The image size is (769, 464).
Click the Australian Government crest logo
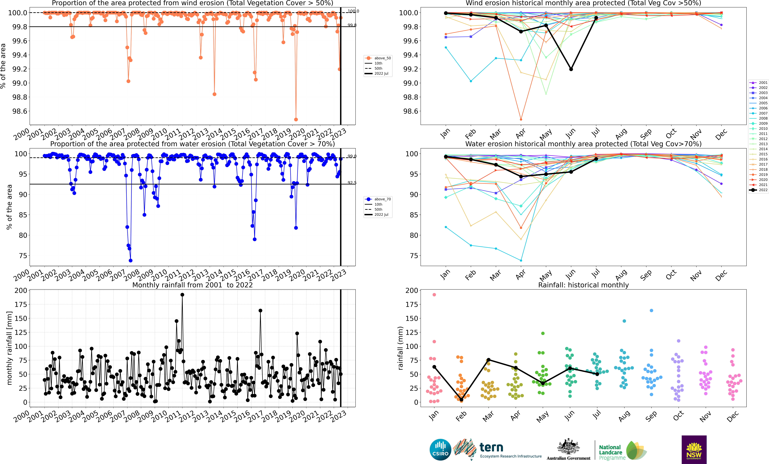(568, 447)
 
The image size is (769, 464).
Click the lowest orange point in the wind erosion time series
(296, 119)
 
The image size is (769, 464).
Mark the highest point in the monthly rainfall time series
(182, 295)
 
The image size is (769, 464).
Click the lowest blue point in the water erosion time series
(130, 261)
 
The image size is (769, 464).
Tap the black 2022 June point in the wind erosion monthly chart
(571, 69)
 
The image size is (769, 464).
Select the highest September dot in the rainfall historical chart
(651, 310)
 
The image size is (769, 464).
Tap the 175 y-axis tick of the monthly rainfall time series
(21, 304)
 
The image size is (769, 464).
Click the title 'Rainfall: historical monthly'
(583, 285)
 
